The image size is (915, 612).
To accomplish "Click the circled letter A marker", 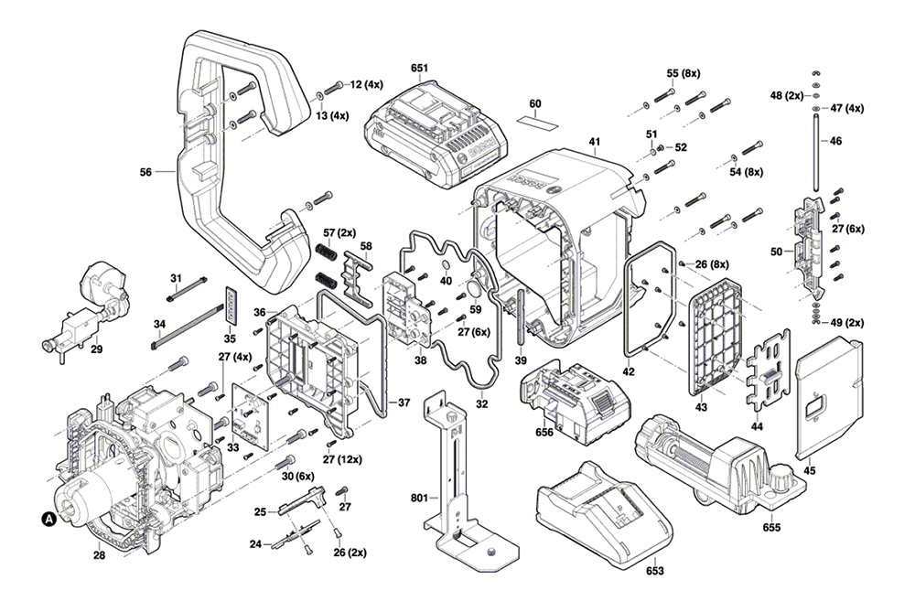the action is (x=49, y=518).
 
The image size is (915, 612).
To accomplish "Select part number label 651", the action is (x=419, y=68).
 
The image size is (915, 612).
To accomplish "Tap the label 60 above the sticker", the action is (x=535, y=103).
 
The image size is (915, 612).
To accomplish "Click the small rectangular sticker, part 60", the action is (x=537, y=122).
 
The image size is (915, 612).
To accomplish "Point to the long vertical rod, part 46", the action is (x=815, y=151).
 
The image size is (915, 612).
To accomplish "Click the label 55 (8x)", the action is (x=684, y=73).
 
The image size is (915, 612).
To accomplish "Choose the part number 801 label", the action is (x=419, y=498).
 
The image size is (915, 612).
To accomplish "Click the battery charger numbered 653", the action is (x=604, y=511).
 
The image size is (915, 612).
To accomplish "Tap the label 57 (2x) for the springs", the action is (x=339, y=232).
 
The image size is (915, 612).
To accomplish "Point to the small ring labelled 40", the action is (x=446, y=266).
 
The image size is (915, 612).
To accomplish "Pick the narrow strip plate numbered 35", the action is (x=231, y=305).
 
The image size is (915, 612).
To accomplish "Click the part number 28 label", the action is (x=99, y=555).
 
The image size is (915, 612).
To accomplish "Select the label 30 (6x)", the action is (x=298, y=476).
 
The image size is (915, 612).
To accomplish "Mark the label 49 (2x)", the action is (x=847, y=323).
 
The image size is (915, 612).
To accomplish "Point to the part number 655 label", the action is (x=770, y=528).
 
